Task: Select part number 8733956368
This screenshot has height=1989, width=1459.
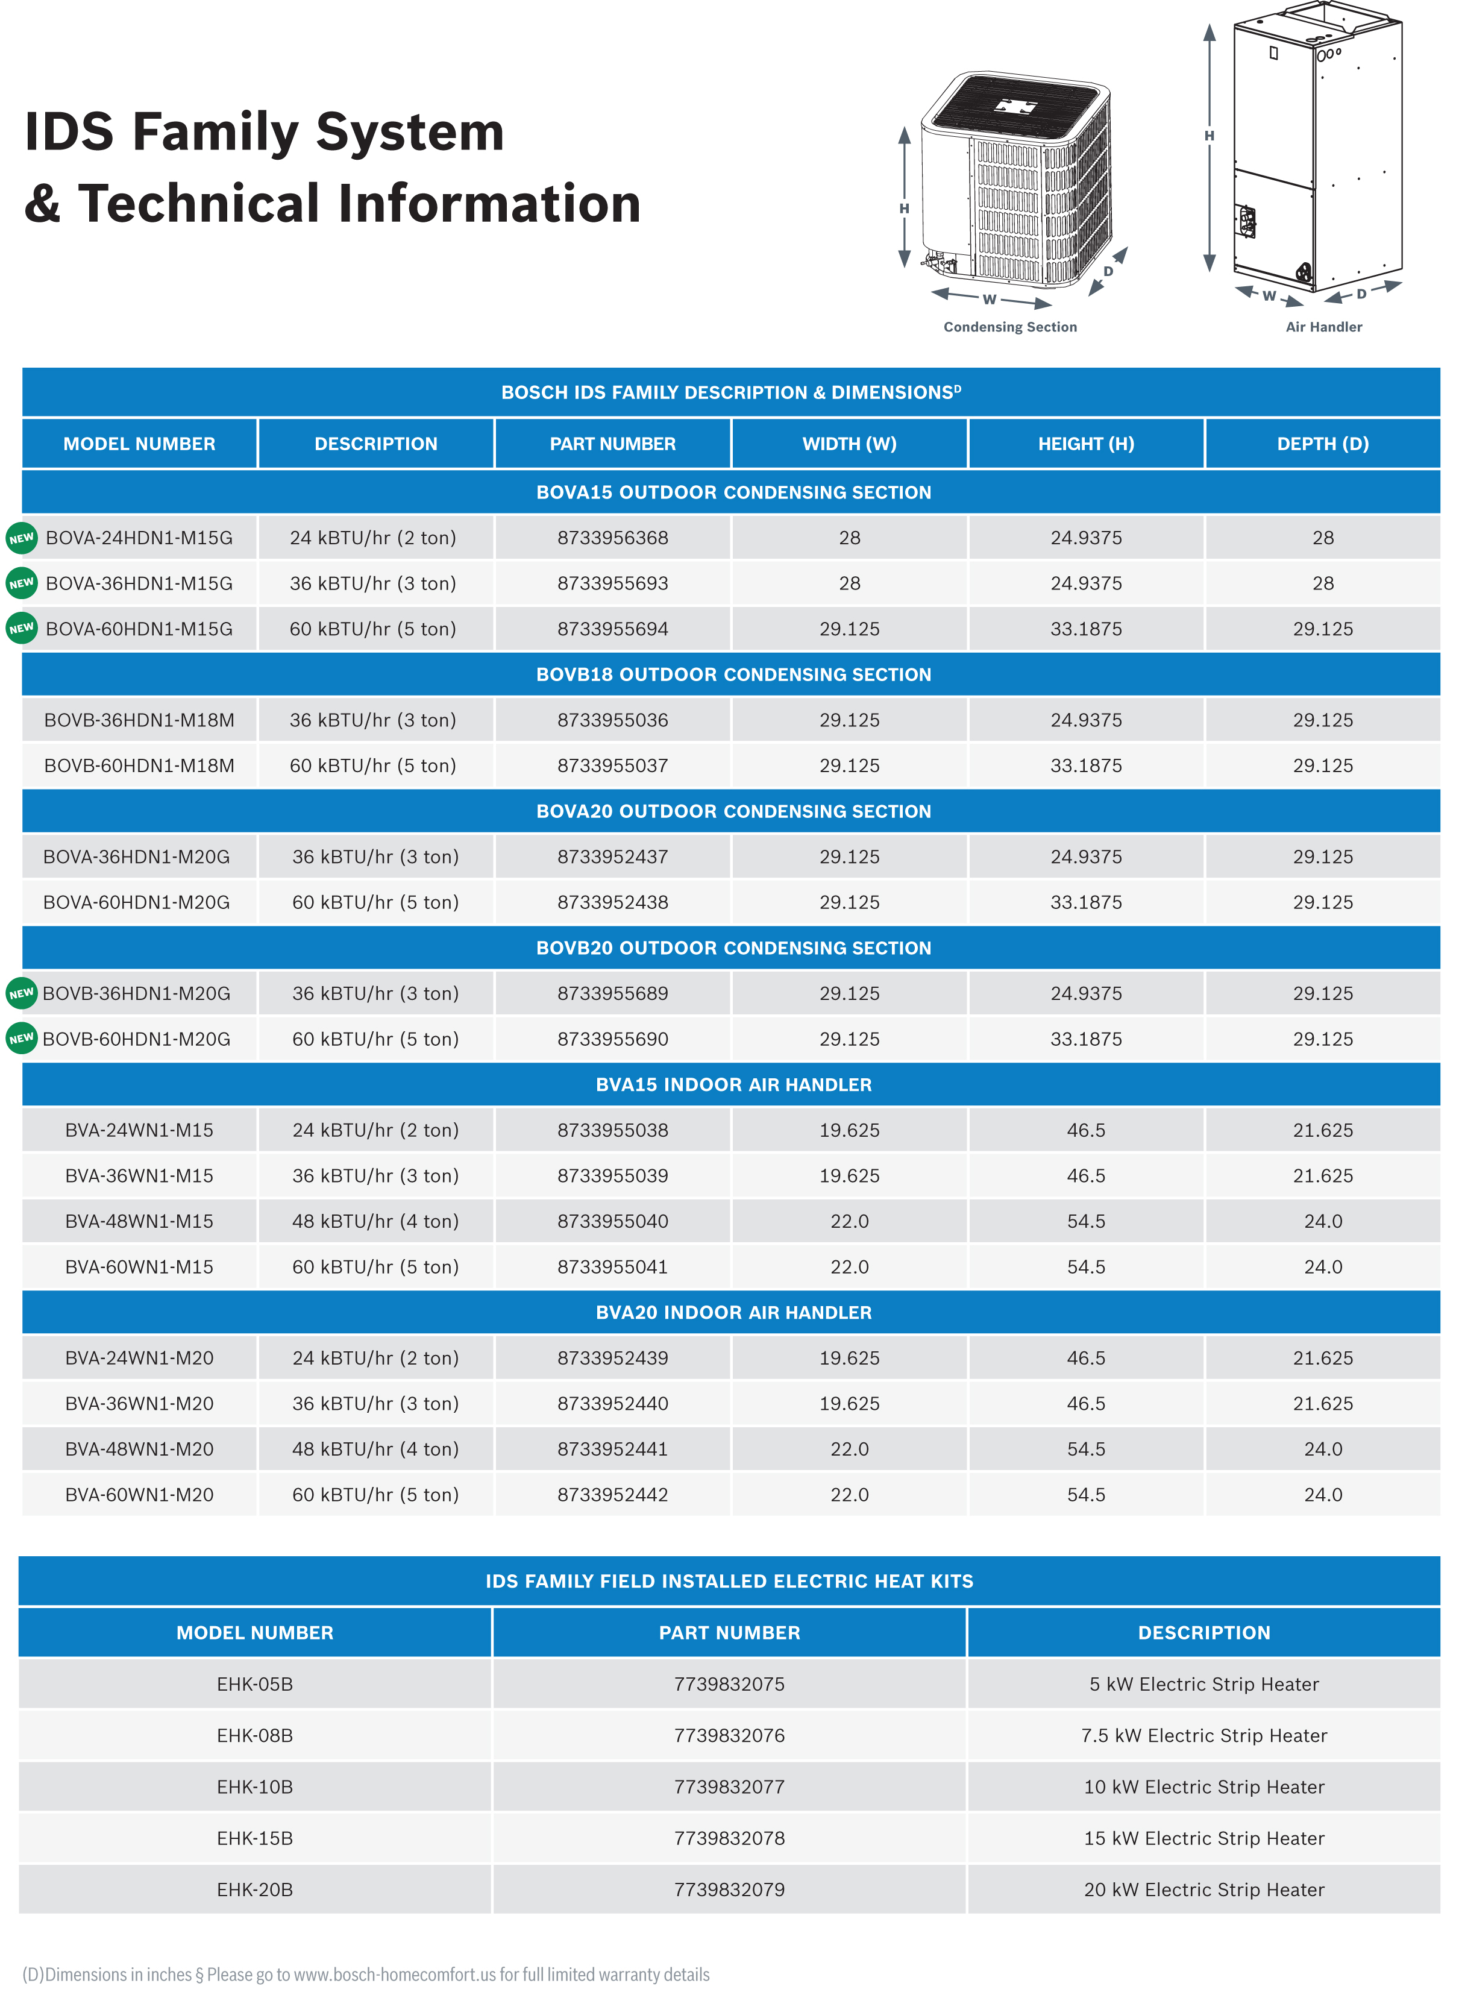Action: (612, 537)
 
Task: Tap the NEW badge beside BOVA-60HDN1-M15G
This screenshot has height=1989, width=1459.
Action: (21, 628)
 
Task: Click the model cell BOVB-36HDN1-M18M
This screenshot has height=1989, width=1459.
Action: (140, 720)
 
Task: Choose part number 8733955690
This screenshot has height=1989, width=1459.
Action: (612, 1038)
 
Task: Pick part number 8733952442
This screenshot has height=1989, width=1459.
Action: (612, 1494)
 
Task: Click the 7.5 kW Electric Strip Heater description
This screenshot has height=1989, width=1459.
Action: (1203, 1735)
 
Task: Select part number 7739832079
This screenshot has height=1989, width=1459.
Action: (729, 1889)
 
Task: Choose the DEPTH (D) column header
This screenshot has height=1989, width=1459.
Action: (1322, 444)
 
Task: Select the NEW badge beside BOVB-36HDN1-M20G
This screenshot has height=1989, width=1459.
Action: (21, 993)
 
